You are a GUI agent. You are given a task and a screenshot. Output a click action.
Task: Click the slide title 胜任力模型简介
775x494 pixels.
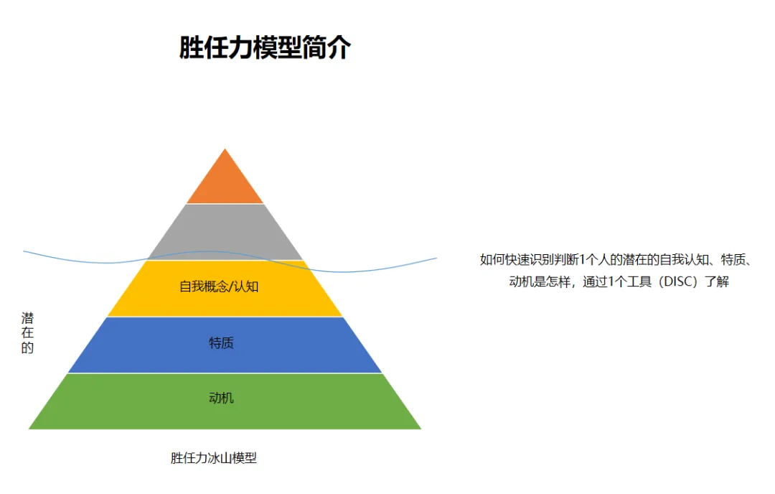[x=265, y=48]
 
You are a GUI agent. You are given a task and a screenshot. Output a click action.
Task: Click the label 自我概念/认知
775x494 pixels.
[x=219, y=287]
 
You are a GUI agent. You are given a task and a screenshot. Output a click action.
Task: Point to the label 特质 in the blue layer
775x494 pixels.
[x=221, y=343]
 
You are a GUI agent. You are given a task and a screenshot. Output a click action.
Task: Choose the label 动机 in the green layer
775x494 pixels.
[x=221, y=398]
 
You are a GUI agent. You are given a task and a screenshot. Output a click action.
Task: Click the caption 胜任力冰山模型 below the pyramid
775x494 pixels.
[x=214, y=458]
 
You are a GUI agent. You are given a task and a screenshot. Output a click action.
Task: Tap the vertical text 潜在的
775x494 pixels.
[x=27, y=333]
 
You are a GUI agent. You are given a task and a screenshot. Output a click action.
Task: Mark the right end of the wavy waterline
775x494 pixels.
[x=436, y=258]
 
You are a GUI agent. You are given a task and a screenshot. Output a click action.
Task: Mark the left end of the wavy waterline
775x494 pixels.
[x=24, y=251]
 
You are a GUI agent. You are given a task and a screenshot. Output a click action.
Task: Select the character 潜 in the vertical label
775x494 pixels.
[x=27, y=318]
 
